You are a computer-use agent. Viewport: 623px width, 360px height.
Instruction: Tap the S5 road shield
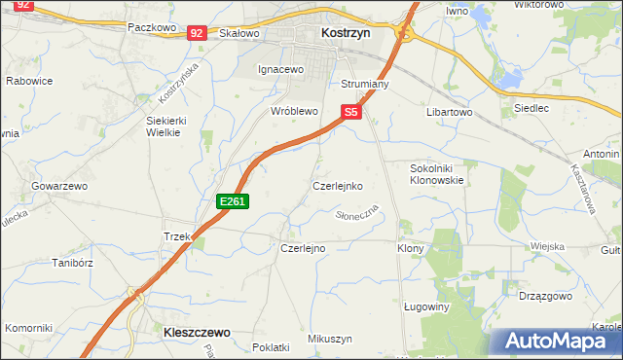351,113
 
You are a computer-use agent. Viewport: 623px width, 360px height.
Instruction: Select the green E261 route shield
234,201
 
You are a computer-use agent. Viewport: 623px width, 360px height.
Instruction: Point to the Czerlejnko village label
337,185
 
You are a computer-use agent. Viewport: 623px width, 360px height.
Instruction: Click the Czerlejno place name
303,248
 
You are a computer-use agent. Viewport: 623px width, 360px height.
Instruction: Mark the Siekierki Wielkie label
165,126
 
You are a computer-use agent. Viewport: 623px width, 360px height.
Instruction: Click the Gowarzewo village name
59,185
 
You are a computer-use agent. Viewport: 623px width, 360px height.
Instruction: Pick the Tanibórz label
71,262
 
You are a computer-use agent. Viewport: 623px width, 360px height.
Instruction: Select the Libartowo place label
449,112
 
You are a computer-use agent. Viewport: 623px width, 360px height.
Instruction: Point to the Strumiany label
365,85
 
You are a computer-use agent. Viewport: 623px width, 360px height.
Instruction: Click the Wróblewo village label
294,112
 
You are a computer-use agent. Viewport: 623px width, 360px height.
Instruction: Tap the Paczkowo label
151,28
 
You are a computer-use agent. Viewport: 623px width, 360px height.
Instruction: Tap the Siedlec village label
531,108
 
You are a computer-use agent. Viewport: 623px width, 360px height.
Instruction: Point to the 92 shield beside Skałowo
197,33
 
